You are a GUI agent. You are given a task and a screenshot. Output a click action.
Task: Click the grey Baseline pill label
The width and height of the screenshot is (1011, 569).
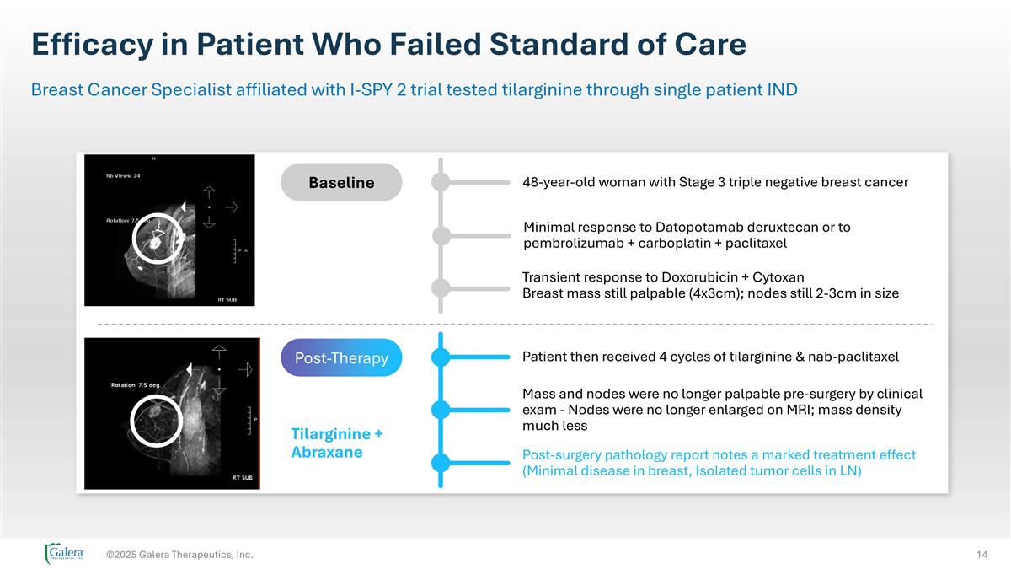pyautogui.click(x=341, y=182)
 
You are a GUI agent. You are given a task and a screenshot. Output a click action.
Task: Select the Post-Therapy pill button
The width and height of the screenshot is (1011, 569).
pyautogui.click(x=341, y=357)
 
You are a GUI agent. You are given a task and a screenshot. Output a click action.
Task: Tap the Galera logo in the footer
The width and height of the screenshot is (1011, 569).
pyautogui.click(x=65, y=553)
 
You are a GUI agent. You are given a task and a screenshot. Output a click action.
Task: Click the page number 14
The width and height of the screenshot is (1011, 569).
pyautogui.click(x=982, y=554)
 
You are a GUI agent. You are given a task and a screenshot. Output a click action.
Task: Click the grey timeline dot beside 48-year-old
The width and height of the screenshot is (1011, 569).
pyautogui.click(x=441, y=182)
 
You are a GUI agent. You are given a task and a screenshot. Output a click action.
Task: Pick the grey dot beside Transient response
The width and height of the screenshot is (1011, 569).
pyautogui.click(x=441, y=287)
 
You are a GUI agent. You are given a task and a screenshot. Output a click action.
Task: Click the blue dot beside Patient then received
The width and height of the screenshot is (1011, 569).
pyautogui.click(x=441, y=357)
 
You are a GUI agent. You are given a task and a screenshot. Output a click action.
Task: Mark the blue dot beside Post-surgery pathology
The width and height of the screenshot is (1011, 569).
pyautogui.click(x=441, y=462)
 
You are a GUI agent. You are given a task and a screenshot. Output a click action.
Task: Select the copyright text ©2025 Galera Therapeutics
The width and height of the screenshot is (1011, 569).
pyautogui.click(x=179, y=554)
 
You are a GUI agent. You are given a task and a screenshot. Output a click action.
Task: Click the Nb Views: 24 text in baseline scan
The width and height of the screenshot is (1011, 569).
pyautogui.click(x=123, y=176)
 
